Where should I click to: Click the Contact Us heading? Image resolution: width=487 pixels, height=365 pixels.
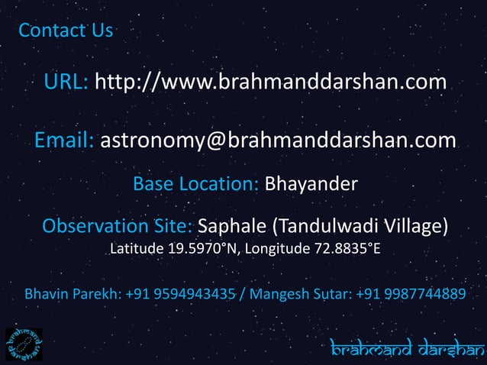(65, 31)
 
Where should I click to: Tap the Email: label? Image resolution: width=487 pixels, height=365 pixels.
(65, 141)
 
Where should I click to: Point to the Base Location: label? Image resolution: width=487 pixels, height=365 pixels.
(196, 185)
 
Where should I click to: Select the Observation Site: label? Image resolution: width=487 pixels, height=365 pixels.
(118, 227)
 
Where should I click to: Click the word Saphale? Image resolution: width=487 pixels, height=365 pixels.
(232, 227)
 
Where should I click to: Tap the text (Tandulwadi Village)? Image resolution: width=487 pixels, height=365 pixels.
(361, 227)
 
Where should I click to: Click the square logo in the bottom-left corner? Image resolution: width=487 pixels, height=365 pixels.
(23, 344)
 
